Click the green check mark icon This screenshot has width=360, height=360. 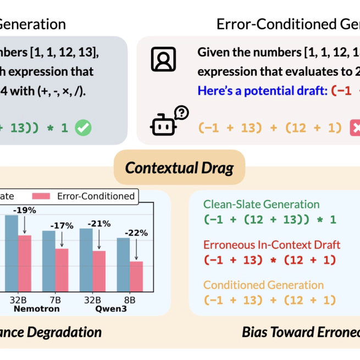[84, 128]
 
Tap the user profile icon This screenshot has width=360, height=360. [163, 59]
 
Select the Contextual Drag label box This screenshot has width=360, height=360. [179, 167]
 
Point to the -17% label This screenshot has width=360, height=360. [62, 225]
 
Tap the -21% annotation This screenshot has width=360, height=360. [99, 224]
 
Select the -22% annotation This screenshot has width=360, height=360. [136, 232]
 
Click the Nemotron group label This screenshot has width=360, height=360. [36, 309]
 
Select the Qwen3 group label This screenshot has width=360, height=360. [106, 309]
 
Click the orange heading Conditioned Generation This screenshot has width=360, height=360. [263, 285]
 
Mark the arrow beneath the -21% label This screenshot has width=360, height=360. [99, 239]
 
